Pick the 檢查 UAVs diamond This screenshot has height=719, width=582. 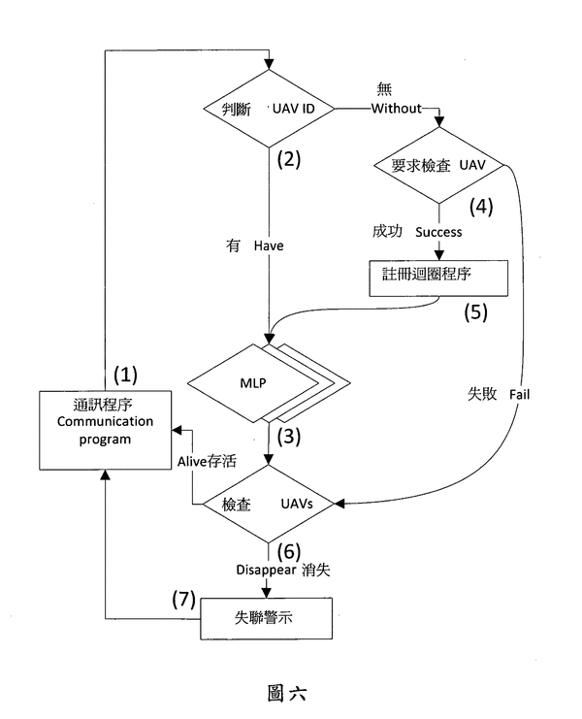coord(267,503)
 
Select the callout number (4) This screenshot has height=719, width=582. coord(482,207)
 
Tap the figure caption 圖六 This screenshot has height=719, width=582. coord(291,693)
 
